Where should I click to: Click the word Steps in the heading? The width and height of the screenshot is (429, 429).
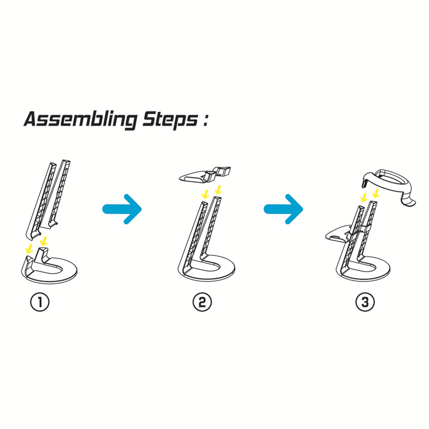tap(170, 120)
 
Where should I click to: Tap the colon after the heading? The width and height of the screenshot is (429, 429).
tap(205, 120)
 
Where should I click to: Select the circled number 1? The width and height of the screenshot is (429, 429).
tap(40, 302)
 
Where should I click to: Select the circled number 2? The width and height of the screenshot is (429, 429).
tap(202, 302)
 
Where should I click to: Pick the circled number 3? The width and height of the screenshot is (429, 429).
tap(365, 302)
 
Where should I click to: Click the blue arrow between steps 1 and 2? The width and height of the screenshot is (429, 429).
tap(122, 209)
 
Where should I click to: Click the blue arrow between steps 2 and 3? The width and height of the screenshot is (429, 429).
tap(283, 209)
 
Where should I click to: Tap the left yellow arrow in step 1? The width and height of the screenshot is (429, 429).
tap(29, 249)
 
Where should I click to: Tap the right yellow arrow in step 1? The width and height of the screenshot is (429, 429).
tap(44, 241)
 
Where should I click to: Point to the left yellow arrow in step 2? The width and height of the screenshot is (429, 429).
tap(205, 194)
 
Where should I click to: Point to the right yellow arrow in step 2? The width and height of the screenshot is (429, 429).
tap(218, 189)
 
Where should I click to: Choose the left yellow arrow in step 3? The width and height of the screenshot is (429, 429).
tap(363, 197)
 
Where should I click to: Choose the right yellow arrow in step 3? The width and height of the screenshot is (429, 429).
tap(376, 192)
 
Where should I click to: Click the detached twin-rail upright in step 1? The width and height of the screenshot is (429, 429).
tap(48, 200)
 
